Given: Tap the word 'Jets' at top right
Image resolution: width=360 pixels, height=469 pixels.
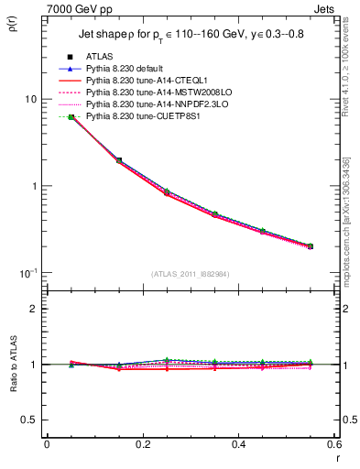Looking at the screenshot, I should click(x=324, y=8).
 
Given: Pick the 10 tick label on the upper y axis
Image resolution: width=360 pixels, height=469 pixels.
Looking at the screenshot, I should click(x=30, y=99).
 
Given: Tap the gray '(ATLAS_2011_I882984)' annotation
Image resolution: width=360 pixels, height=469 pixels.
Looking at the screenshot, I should click(x=191, y=273).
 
